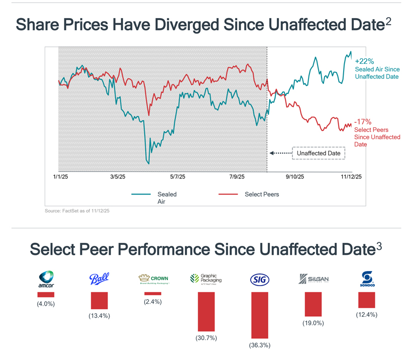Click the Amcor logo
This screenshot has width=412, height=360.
coord(46,280)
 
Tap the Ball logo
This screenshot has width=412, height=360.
coord(99,279)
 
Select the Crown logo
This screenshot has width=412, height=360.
coord(153,279)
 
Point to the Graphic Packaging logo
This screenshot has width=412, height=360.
coord(206,279)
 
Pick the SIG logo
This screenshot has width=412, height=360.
coord(259,280)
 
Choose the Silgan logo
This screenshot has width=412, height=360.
coord(314,279)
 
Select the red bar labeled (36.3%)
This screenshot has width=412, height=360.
coord(259,315)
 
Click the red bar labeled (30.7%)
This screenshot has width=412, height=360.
coord(206,312)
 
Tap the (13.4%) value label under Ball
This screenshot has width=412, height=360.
coord(99,316)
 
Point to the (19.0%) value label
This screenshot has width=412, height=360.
coord(313,323)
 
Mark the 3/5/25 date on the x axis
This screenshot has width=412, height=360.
coord(118,176)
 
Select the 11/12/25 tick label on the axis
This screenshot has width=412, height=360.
coord(351,176)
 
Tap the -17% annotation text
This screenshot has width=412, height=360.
coord(362,122)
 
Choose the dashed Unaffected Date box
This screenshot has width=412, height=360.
coord(319,153)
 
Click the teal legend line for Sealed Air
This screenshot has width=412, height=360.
coord(141,194)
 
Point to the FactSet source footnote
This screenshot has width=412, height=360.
coord(77,211)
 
